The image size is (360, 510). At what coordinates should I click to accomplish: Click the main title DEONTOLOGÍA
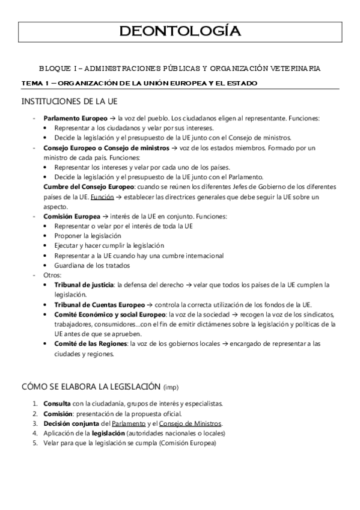coord(180,32)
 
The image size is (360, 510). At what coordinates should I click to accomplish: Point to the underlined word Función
coord(101,197)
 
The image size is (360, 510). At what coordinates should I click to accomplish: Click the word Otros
coord(52,275)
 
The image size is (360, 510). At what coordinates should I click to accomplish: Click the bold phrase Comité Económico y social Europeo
coord(110,314)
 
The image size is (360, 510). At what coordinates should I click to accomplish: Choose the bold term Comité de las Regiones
coord(91,343)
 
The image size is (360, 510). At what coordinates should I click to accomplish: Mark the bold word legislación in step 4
coord(108,434)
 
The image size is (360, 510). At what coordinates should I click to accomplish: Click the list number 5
coord(35,443)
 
